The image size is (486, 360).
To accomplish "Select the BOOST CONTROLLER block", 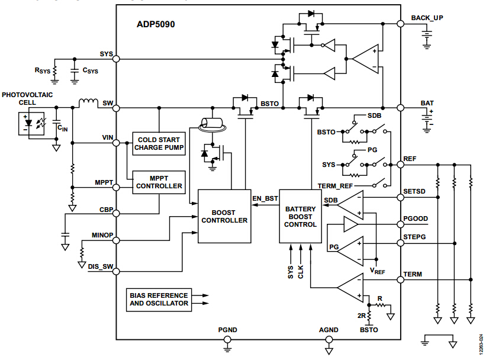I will (224, 216).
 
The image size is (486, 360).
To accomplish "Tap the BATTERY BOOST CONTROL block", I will (300, 216).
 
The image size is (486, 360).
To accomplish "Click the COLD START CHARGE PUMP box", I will (158, 144).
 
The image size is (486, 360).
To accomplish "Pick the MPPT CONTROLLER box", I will (158, 182).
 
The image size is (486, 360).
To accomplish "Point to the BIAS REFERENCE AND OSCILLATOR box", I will (159, 299).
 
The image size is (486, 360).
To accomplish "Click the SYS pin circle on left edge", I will (117, 59).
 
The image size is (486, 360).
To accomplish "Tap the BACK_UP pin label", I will (427, 18).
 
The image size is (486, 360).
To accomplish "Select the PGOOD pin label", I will (416, 218).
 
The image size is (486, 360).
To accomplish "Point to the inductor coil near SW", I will (88, 104).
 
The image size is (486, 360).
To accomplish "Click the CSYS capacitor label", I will (90, 70).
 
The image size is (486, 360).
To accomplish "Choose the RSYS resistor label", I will (43, 70).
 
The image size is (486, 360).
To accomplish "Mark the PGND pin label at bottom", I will (227, 330).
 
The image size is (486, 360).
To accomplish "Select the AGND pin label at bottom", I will (329, 330).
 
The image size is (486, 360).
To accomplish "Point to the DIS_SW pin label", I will (100, 266).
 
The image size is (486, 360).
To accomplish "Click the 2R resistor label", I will (362, 316).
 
